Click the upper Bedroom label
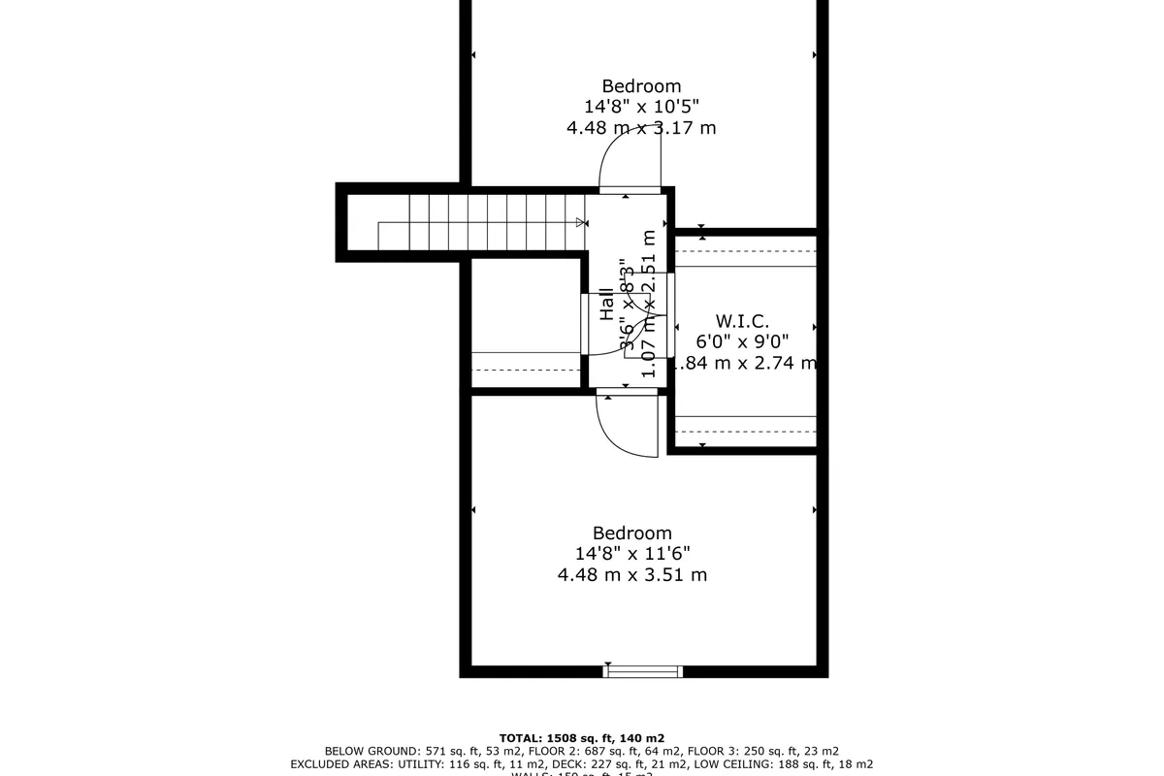(x=641, y=85)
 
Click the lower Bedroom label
(x=632, y=533)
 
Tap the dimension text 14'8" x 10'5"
(x=641, y=107)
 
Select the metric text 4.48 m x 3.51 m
(x=632, y=574)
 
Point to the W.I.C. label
(x=742, y=320)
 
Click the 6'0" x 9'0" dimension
(x=743, y=341)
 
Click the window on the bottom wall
(x=643, y=670)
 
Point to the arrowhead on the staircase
(x=581, y=223)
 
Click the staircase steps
(x=485, y=221)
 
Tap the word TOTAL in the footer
(x=521, y=738)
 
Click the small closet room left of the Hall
(x=524, y=320)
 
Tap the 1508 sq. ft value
(x=582, y=738)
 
